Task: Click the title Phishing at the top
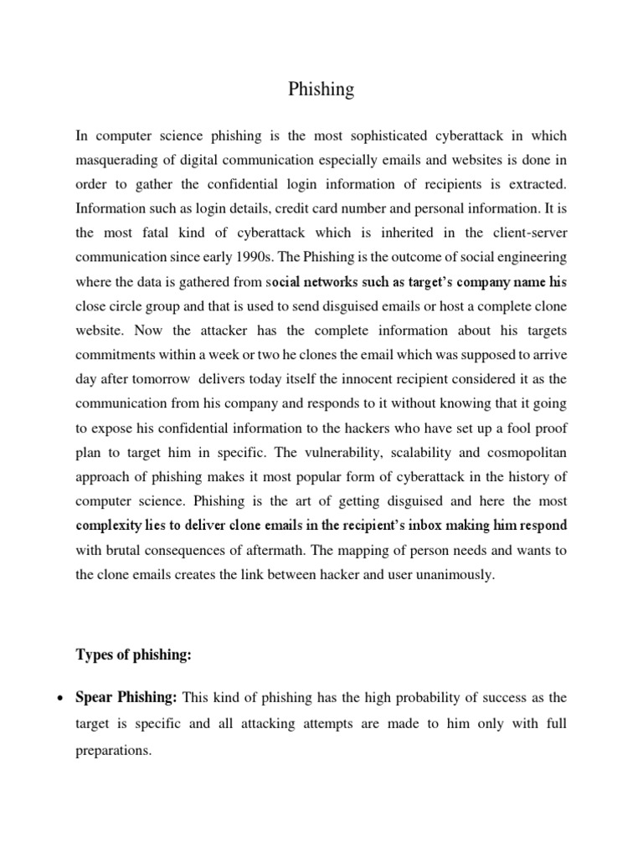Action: pos(321,90)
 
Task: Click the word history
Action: pos(519,477)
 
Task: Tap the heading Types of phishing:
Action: pos(134,655)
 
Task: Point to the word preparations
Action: pos(113,751)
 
